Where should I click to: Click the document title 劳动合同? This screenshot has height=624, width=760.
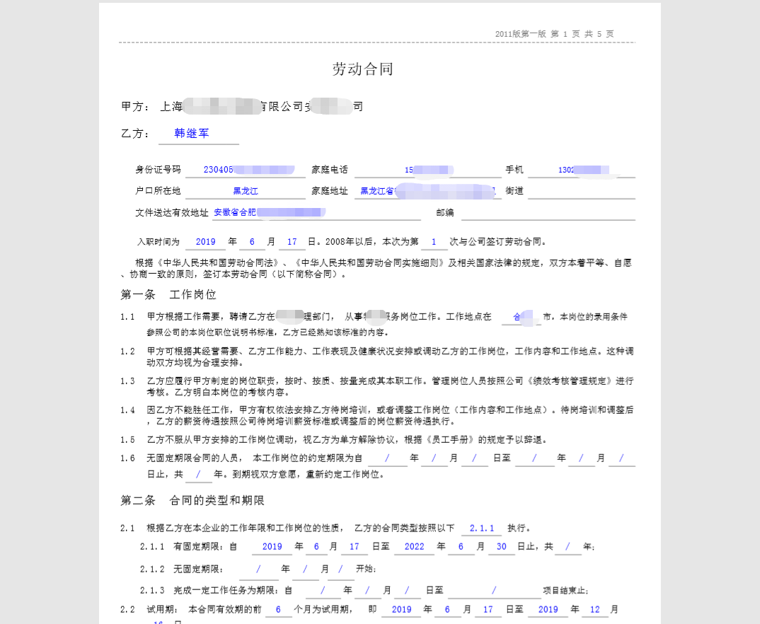pyautogui.click(x=363, y=69)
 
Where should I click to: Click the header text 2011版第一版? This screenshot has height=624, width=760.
pyautogui.click(x=521, y=34)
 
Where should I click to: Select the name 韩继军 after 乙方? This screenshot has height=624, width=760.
pyautogui.click(x=192, y=133)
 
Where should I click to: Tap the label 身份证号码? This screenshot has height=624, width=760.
pyautogui.click(x=158, y=170)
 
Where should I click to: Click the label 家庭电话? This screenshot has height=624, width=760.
pyautogui.click(x=330, y=170)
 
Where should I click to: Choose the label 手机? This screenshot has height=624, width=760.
pyautogui.click(x=514, y=170)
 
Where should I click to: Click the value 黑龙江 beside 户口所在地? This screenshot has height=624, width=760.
pyautogui.click(x=246, y=191)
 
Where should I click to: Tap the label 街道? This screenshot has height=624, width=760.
pyautogui.click(x=514, y=191)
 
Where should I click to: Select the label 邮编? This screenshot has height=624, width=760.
pyautogui.click(x=445, y=212)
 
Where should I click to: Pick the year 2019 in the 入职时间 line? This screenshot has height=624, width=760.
pyautogui.click(x=205, y=242)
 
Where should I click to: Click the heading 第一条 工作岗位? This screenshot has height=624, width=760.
pyautogui.click(x=168, y=294)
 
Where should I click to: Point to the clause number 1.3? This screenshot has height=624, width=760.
pyautogui.click(x=127, y=381)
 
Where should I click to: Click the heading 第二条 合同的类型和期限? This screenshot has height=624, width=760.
pyautogui.click(x=192, y=501)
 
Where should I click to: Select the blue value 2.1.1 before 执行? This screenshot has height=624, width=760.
pyautogui.click(x=480, y=528)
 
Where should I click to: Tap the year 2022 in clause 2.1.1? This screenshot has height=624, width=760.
pyautogui.click(x=414, y=547)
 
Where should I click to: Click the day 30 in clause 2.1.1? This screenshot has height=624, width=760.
pyautogui.click(x=501, y=547)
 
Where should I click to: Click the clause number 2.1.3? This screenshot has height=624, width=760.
pyautogui.click(x=152, y=591)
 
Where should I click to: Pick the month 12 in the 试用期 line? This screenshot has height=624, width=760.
pyautogui.click(x=594, y=609)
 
